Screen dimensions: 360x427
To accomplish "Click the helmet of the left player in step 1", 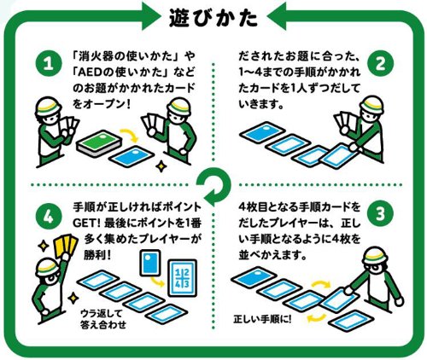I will (48, 105).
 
